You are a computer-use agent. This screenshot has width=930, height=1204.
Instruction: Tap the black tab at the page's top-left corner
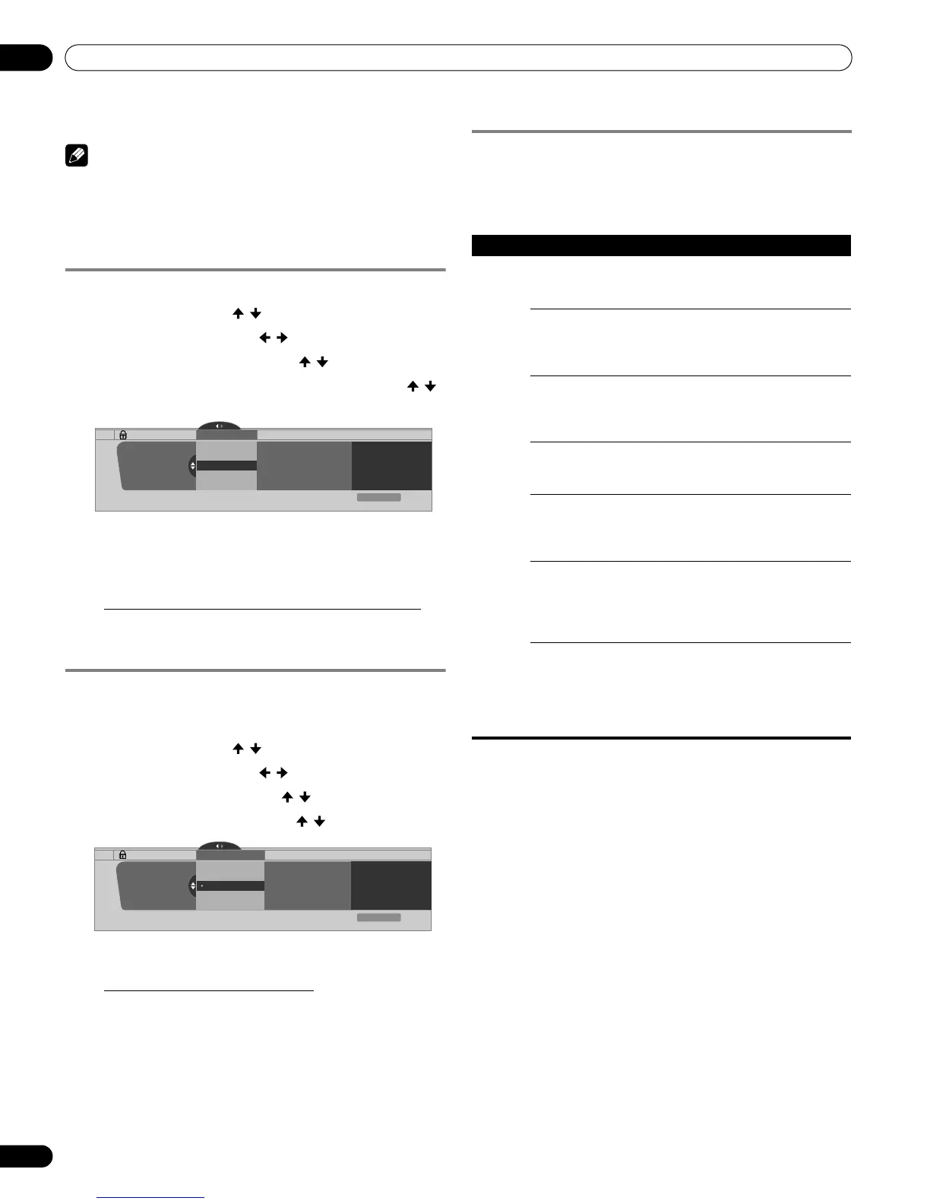25,58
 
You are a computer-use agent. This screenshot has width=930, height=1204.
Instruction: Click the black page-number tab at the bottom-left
25,1156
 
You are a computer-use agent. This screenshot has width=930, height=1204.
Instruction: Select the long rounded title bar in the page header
458,58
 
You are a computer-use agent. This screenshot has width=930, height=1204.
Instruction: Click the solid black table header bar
660,246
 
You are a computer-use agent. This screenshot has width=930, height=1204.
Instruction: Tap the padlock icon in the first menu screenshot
123,436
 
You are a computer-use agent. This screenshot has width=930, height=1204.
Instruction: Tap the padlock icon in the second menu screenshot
123,854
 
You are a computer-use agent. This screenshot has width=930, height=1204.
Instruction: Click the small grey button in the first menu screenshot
379,497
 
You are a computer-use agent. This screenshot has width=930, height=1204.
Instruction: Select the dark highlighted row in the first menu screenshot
226,465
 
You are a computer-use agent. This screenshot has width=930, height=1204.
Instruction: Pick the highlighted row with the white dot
230,886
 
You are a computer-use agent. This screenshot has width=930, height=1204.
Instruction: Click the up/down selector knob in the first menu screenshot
193,466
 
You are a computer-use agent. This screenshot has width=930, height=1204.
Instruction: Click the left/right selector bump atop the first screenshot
219,426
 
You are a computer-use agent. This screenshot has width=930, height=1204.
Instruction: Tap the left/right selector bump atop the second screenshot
219,845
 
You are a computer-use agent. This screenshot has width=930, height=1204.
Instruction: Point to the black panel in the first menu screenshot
391,466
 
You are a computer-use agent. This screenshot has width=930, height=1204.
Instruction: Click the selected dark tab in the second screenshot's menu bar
230,854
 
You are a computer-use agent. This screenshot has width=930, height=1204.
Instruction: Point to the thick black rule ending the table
660,738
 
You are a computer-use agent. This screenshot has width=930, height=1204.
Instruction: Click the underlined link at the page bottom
151,1198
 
